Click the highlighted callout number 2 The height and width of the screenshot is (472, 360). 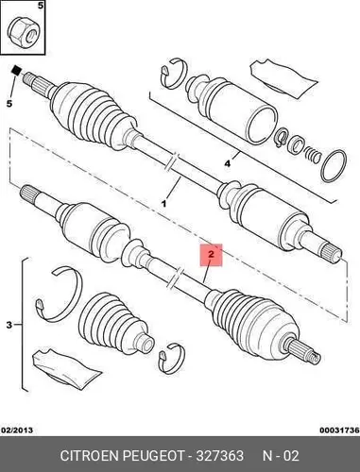tap(211, 254)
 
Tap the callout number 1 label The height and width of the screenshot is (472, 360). tap(163, 204)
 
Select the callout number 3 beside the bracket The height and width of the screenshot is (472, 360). tap(9, 325)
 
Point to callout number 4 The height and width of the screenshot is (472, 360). tap(228, 163)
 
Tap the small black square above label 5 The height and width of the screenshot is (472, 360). tap(16, 71)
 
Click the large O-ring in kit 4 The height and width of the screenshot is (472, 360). tap(334, 166)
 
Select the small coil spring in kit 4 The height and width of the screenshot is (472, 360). tap(313, 155)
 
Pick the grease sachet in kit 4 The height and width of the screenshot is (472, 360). tap(283, 79)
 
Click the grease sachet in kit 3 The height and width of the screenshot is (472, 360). tap(66, 366)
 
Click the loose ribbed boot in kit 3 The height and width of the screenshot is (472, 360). tap(115, 324)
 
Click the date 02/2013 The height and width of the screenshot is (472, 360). tap(17, 430)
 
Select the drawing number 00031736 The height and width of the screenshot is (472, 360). tap(339, 430)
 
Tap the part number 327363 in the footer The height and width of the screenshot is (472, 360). tap(220, 455)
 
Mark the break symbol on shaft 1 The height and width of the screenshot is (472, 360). tap(172, 162)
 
